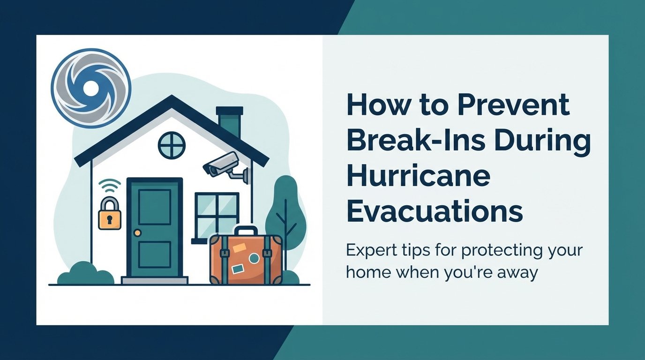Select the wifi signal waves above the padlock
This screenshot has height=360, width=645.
coord(110,187)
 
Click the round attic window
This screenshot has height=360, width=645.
coord(172,145)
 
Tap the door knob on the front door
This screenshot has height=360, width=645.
coord(137,232)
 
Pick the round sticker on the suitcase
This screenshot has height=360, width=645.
coord(254,258)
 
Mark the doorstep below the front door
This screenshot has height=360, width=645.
coord(154,280)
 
